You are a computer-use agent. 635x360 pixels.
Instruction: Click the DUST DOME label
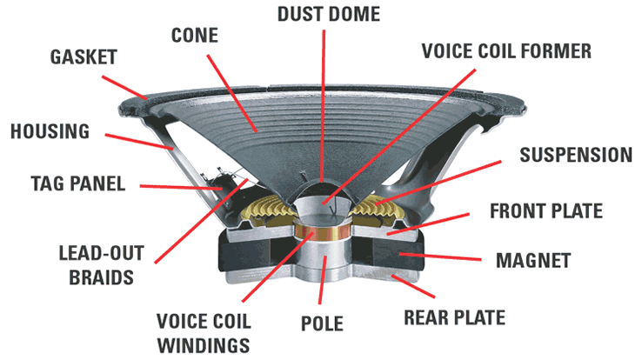tap(323, 15)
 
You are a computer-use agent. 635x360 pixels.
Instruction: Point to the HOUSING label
tap(50, 132)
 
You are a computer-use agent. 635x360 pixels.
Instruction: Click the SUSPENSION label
tap(575, 156)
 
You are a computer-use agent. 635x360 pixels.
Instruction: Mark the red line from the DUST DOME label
tap(322, 104)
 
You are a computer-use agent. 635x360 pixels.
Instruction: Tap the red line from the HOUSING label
tap(139, 143)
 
